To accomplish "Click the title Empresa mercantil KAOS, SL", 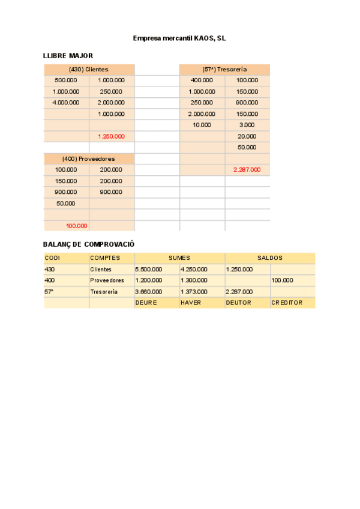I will point(179,38).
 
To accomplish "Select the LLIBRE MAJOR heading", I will point(68,56).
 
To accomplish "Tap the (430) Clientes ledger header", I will point(89,70).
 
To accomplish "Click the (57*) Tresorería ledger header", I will point(224,70).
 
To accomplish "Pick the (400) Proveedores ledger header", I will point(89,158).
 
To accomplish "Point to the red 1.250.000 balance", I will point(111,136).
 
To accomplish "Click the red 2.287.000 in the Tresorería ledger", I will point(247,170).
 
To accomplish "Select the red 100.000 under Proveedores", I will point(76,226).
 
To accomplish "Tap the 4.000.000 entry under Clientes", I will point(66,103).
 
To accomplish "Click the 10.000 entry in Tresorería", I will point(202,125).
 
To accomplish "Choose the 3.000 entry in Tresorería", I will point(247,125).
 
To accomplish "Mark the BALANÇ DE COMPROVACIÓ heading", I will point(88,244).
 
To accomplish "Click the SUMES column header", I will point(179,258).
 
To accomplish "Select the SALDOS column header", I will point(270,258).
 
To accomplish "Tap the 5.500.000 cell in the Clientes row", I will point(149,270).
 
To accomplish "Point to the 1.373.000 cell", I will point(194,292).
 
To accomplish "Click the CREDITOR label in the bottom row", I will point(287,303).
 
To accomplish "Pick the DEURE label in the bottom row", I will point(146,303).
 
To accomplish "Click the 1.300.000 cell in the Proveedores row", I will point(194,280).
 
